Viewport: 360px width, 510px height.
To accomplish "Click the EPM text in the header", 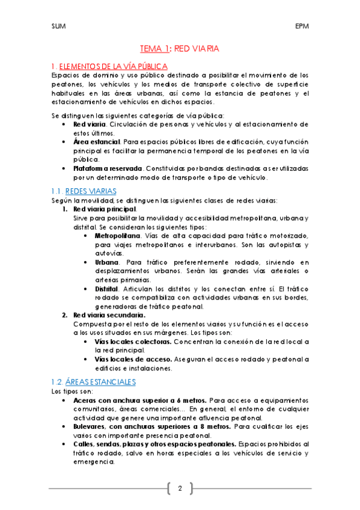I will (x=302, y=27).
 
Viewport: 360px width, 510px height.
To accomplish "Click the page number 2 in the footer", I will (x=179, y=488).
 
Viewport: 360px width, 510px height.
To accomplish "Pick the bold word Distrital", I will (x=109, y=289).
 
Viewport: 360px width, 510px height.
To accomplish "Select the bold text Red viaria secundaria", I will (x=108, y=315).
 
